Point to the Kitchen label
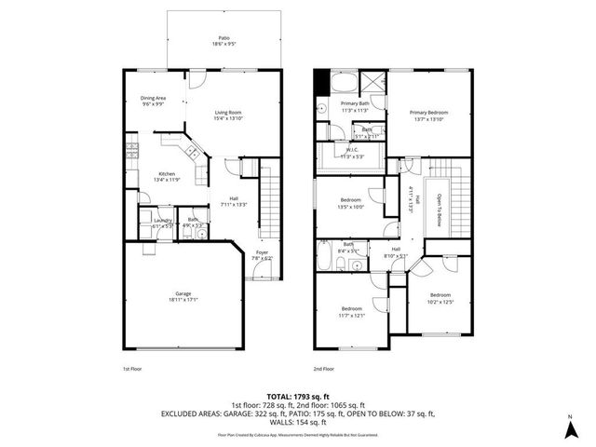click(167, 174)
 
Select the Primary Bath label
click(355, 103)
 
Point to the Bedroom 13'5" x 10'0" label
click(350, 200)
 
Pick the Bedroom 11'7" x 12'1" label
click(351, 309)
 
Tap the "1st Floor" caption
click(131, 368)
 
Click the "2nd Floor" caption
click(323, 368)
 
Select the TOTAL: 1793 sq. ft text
click(297, 397)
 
